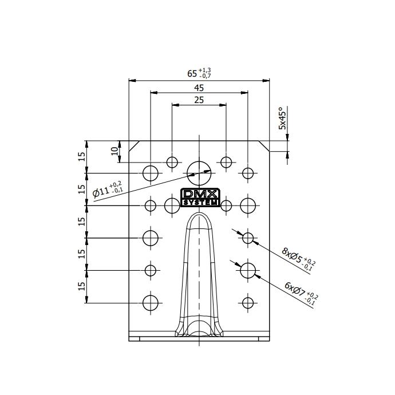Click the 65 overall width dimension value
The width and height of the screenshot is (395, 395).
pyautogui.click(x=192, y=73)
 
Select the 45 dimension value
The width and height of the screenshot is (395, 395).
pyautogui.click(x=199, y=88)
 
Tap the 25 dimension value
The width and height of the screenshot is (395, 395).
pyautogui.click(x=199, y=100)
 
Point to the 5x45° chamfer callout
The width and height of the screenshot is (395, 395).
pyautogui.click(x=282, y=118)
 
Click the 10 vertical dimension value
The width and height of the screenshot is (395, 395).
pyautogui.click(x=114, y=151)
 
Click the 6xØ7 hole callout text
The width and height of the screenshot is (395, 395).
pyautogui.click(x=301, y=293)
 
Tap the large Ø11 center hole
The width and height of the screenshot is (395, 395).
pyautogui.click(x=199, y=173)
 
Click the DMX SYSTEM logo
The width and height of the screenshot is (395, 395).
pyautogui.click(x=200, y=197)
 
